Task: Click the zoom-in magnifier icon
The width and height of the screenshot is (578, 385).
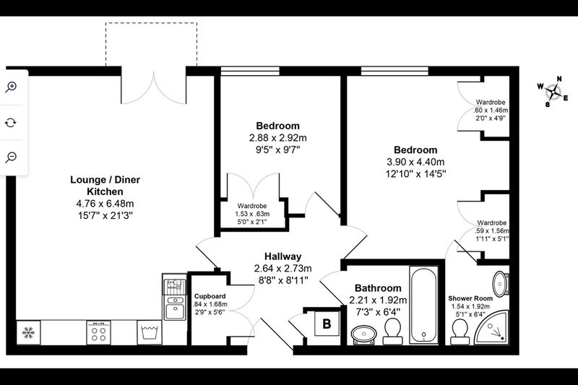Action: (x=11, y=87)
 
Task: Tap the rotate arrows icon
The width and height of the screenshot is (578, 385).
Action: (x=11, y=122)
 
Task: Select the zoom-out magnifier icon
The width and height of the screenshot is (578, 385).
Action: (x=11, y=157)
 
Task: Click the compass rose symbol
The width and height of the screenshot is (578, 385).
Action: (x=553, y=91)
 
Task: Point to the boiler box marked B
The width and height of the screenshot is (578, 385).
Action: (x=327, y=324)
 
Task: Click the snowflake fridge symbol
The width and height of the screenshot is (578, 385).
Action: (x=28, y=333)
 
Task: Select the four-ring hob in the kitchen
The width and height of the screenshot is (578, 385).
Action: (x=98, y=333)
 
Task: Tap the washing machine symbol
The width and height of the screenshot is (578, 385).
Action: (x=150, y=333)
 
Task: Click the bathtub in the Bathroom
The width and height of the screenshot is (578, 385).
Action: (x=424, y=305)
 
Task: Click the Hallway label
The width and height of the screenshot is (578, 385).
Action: (x=282, y=256)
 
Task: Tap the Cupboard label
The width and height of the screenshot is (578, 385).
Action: (x=210, y=296)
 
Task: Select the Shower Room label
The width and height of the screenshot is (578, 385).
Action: (x=470, y=298)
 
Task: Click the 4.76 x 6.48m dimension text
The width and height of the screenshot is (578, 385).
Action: (x=105, y=204)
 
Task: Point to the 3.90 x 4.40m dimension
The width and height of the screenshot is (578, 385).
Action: (x=415, y=162)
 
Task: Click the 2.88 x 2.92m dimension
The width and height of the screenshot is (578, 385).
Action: (x=278, y=138)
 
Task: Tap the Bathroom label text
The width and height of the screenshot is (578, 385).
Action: (x=378, y=288)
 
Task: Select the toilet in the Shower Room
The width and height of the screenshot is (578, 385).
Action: (x=460, y=332)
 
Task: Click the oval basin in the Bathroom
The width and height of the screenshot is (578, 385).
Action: (x=364, y=334)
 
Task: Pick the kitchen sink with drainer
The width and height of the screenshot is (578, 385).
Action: (x=174, y=297)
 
